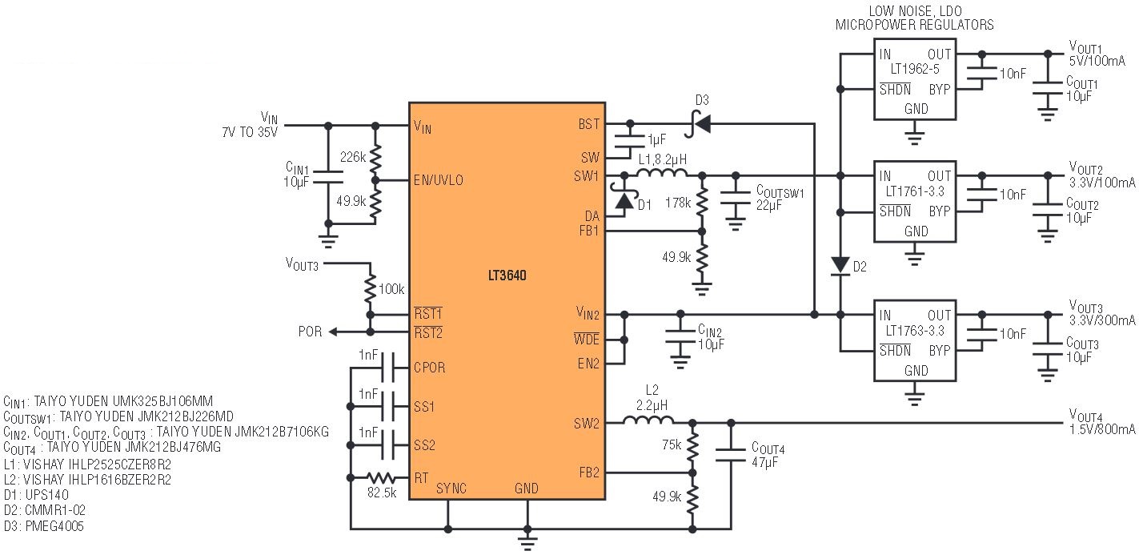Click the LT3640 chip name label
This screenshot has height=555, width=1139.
507,275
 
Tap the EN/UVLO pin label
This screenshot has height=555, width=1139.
439,180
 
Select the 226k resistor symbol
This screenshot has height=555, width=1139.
375,159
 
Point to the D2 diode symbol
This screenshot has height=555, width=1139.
840,266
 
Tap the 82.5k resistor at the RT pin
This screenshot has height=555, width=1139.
381,477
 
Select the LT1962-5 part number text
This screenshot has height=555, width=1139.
915,69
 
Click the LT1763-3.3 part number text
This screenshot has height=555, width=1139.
915,331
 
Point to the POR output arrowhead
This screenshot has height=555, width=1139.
332,332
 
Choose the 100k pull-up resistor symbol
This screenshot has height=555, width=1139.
370,288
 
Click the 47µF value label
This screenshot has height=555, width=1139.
764,462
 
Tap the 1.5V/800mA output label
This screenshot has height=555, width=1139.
1102,428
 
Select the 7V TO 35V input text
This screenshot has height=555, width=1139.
250,132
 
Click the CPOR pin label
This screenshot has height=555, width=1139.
429,368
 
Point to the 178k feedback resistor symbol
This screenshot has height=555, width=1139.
702,202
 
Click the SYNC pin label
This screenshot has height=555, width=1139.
451,489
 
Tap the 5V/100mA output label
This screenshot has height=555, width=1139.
1097,61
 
